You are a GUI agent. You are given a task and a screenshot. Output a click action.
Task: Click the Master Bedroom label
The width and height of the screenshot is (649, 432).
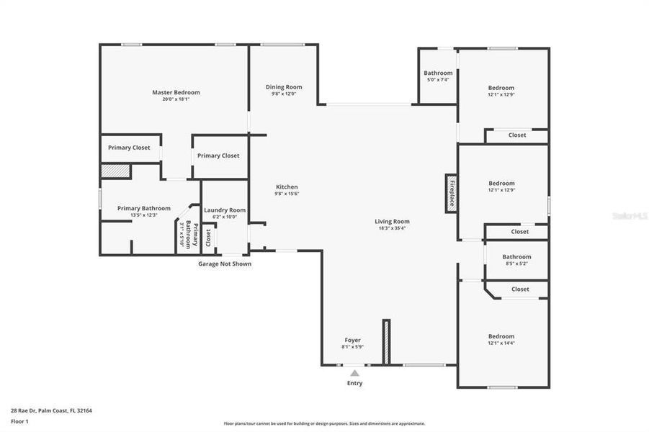[176, 92]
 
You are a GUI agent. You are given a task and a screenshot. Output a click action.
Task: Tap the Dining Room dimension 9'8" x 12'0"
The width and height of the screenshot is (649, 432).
[284, 94]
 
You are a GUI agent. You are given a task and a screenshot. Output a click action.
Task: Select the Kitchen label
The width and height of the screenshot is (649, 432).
[286, 186]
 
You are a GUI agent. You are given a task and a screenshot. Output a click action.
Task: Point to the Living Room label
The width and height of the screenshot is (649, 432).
[392, 221]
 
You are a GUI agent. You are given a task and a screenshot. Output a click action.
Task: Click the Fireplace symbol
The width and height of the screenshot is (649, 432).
[452, 192]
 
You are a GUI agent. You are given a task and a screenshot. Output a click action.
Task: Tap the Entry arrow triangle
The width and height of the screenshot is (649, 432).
[354, 373]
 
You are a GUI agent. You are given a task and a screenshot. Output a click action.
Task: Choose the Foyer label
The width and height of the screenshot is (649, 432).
[352, 340]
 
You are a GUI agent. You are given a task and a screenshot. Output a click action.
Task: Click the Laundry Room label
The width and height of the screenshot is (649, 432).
[225, 210]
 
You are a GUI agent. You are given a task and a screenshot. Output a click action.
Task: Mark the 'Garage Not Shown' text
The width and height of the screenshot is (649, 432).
[225, 264]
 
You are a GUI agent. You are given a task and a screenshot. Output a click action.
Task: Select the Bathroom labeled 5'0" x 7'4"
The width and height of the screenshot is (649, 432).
[438, 73]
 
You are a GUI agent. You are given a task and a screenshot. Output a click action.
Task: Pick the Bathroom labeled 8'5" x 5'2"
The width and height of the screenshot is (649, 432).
[516, 256]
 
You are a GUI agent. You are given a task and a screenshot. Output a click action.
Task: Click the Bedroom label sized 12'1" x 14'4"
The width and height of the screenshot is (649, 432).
[501, 336]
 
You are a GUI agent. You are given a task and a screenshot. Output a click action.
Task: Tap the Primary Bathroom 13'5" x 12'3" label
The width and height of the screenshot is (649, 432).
[145, 208]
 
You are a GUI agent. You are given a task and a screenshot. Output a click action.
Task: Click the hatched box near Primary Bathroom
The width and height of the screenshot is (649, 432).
[115, 171]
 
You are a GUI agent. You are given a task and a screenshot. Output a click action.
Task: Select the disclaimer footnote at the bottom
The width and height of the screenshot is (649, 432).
[324, 423]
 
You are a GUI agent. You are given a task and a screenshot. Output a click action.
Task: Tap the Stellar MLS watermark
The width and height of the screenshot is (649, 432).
[628, 215]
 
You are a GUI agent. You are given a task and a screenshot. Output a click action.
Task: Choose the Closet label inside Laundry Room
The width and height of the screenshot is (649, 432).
[209, 236]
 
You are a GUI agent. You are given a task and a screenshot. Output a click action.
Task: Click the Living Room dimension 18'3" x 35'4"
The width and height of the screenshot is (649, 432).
[392, 228]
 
